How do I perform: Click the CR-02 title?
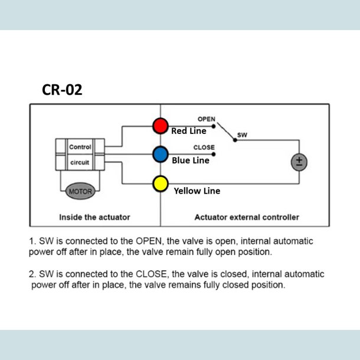(x=62, y=90)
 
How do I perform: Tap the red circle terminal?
(x=161, y=126)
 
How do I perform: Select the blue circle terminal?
(x=161, y=155)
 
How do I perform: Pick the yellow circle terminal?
(x=161, y=183)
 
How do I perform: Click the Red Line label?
(x=189, y=131)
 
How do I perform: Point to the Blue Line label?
(x=191, y=160)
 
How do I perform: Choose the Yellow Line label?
(x=197, y=191)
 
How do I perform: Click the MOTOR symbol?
(x=80, y=191)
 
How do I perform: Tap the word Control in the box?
(x=80, y=147)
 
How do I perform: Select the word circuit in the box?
(x=80, y=161)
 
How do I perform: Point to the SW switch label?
(x=242, y=135)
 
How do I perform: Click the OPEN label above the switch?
(x=206, y=119)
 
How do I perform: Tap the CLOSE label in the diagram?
(x=204, y=147)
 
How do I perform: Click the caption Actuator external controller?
(x=247, y=217)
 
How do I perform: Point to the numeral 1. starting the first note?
(x=32, y=241)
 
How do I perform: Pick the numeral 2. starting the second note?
(x=32, y=274)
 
